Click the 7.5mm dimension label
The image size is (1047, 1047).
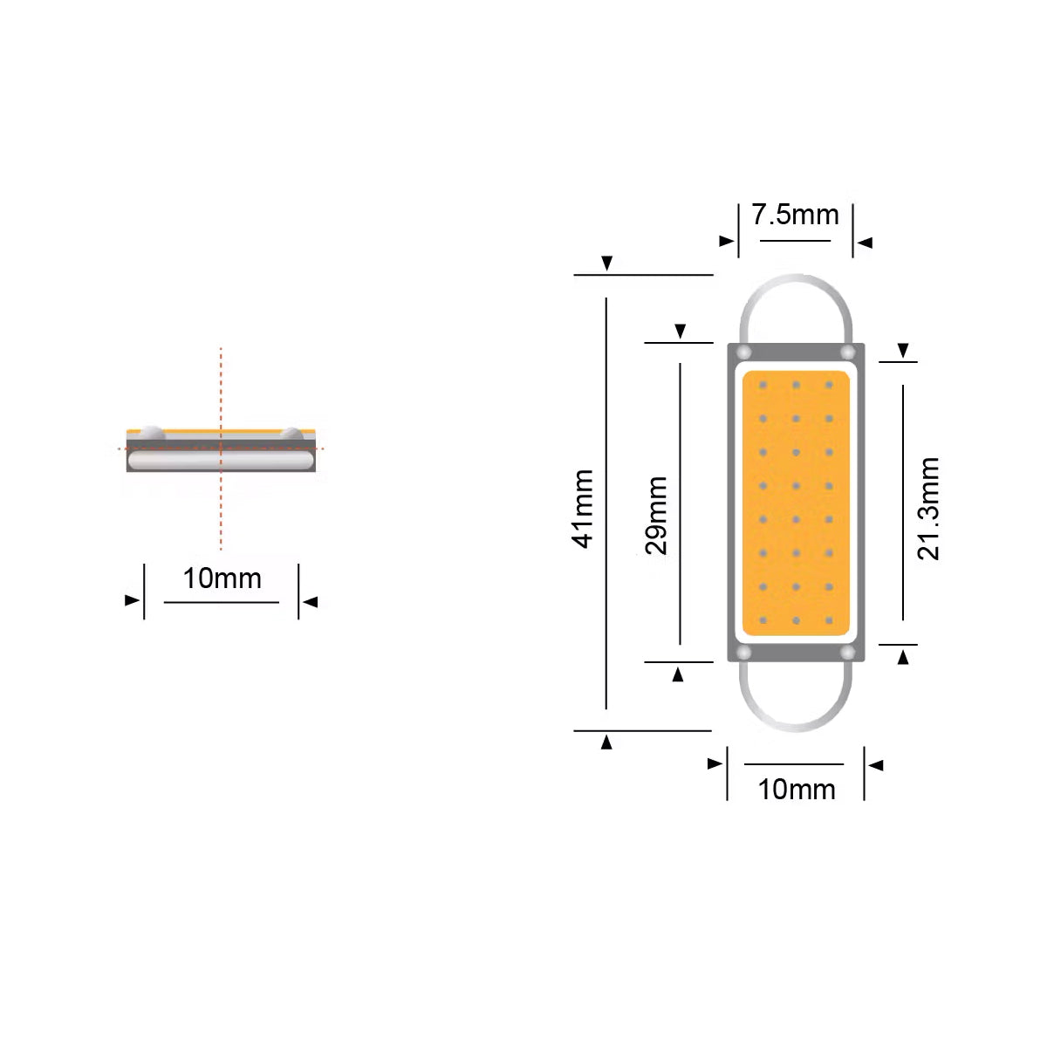pos(795,215)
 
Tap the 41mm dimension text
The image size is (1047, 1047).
pos(584,509)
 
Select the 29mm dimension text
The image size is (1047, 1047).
pos(657,515)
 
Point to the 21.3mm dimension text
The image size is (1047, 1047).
pos(928,508)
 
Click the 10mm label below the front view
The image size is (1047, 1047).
pos(796,789)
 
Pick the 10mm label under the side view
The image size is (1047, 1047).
pos(222,578)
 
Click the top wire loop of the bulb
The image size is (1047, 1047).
pos(795,288)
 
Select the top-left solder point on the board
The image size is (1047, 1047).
pos(743,352)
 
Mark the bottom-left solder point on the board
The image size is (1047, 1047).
pos(743,652)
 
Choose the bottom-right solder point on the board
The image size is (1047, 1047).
pos(847,652)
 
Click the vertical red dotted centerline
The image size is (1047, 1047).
pos(221,506)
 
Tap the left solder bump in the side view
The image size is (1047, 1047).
pos(153,432)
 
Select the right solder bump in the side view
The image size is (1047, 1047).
pos(291,432)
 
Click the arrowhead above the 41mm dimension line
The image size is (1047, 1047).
pos(607,263)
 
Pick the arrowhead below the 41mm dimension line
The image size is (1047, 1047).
pos(606,742)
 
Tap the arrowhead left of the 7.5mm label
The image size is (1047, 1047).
pos(726,241)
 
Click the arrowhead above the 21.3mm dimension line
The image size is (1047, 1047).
pos(903,352)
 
